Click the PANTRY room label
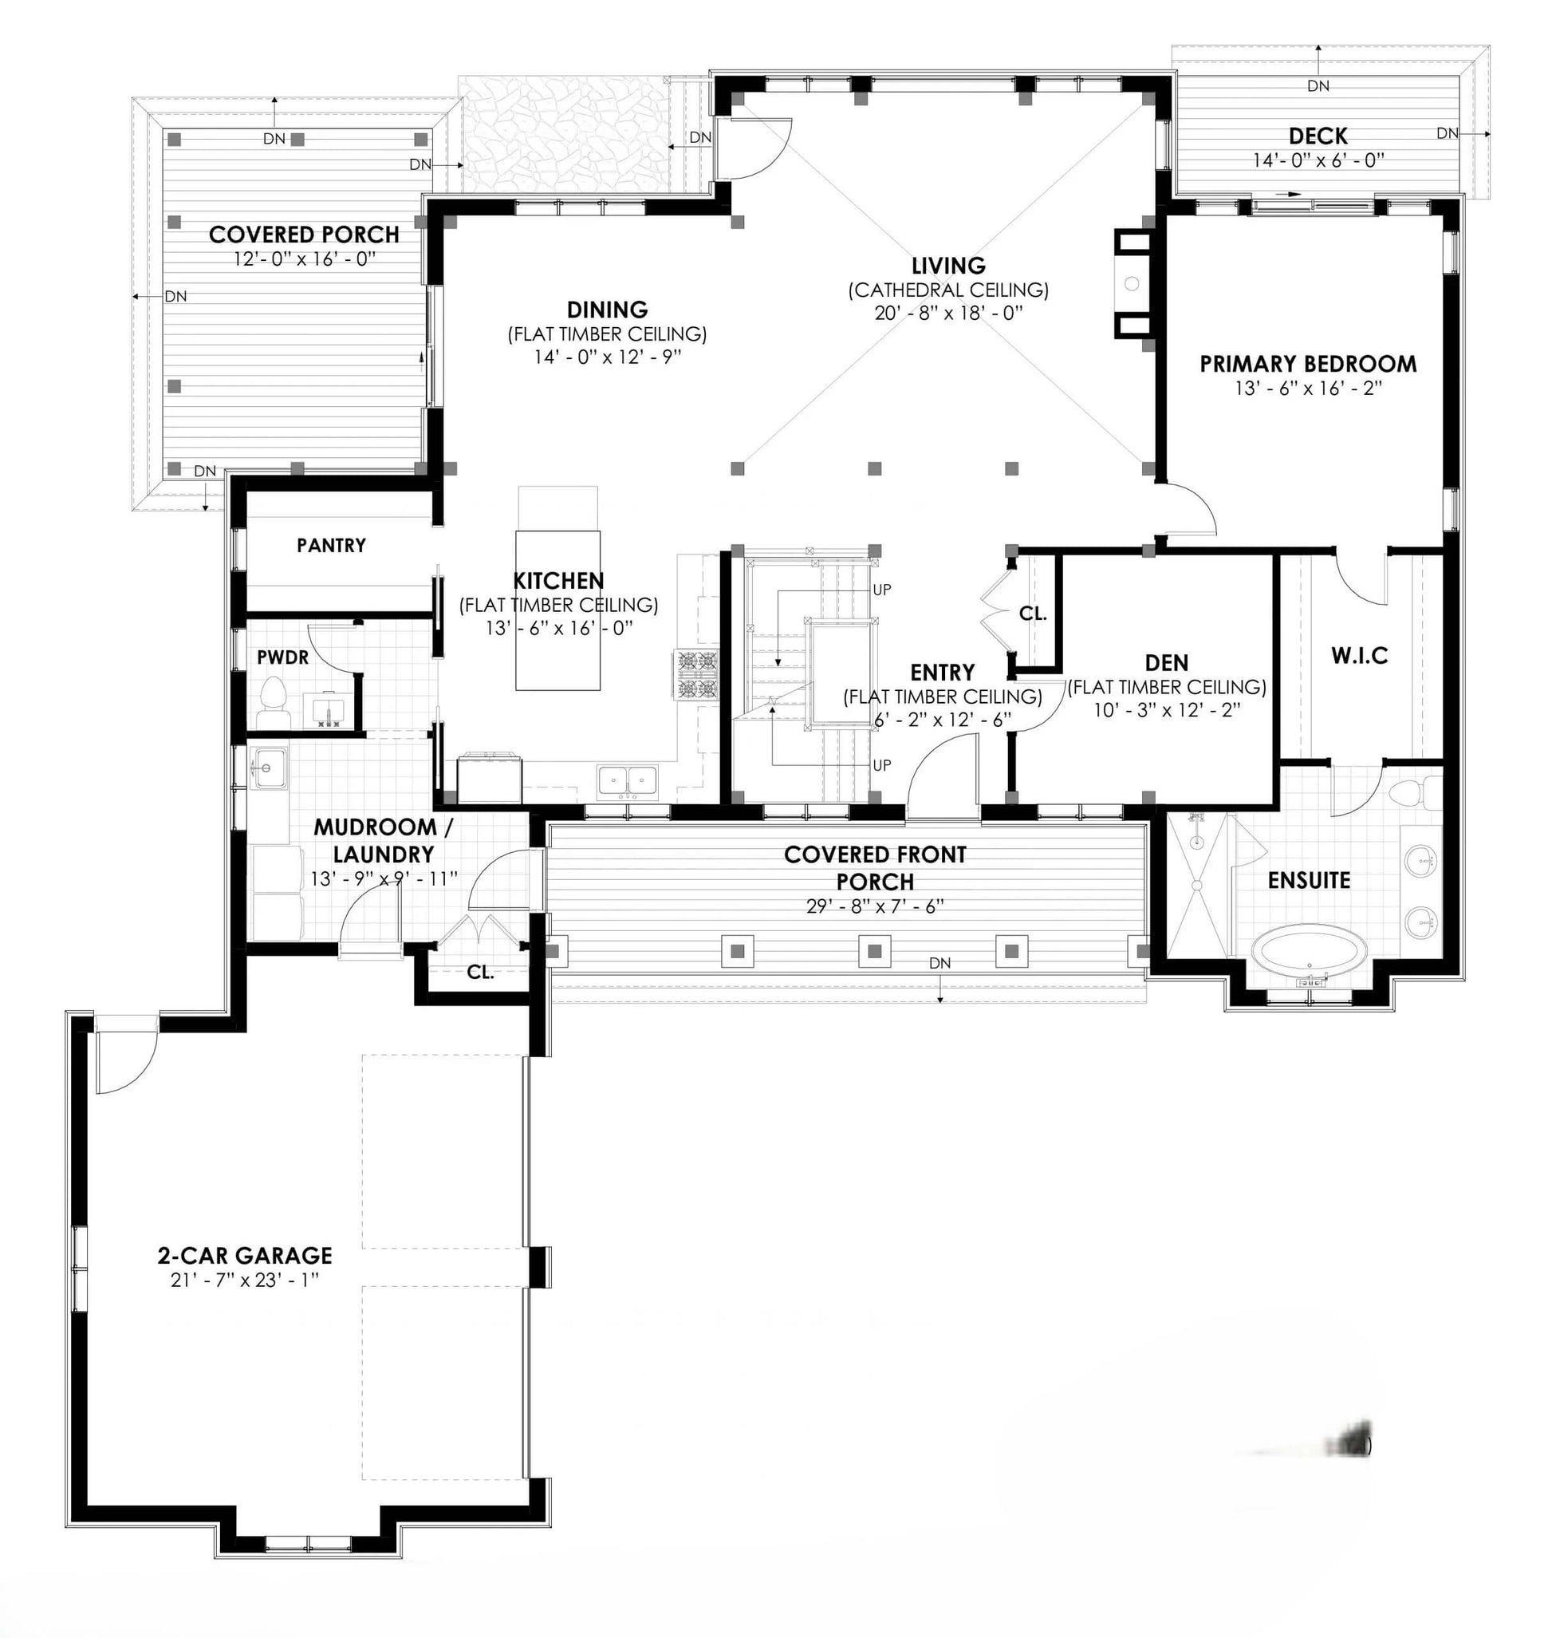(331, 545)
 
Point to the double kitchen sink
(628, 782)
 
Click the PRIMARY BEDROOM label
(1308, 363)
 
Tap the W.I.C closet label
(1359, 657)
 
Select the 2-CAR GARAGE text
(245, 1256)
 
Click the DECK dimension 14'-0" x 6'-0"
(1318, 160)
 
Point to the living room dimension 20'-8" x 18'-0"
(948, 313)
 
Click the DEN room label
(1167, 662)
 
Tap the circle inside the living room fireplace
(1132, 284)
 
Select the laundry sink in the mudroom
(268, 769)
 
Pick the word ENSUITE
(1309, 880)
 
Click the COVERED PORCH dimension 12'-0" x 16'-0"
(305, 259)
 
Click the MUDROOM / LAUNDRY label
(383, 840)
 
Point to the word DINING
(607, 310)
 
